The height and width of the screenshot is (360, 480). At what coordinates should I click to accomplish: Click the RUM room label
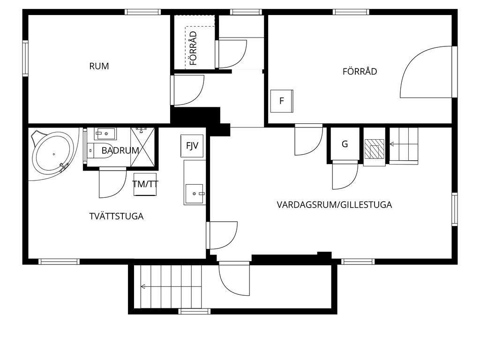click(x=99, y=66)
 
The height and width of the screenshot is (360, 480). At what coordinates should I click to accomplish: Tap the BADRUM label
click(x=120, y=150)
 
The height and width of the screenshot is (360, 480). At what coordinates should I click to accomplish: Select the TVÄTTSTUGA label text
click(x=116, y=216)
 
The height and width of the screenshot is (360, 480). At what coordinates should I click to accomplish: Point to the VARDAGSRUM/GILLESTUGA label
click(x=334, y=204)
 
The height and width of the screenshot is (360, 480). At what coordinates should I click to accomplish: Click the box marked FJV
click(x=192, y=146)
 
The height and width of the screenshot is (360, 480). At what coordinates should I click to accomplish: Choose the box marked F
click(x=282, y=101)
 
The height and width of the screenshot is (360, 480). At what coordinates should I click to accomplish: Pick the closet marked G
click(x=345, y=143)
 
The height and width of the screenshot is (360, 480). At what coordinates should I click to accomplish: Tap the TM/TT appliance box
click(x=145, y=184)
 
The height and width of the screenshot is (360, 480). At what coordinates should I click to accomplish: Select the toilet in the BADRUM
click(x=100, y=150)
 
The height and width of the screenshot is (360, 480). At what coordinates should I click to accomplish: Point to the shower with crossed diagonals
click(x=142, y=147)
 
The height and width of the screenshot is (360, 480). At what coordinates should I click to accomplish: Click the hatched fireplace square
click(x=375, y=149)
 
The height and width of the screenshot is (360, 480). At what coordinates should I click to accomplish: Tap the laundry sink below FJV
click(x=195, y=194)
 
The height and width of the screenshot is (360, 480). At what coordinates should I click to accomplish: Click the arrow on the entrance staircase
click(x=171, y=286)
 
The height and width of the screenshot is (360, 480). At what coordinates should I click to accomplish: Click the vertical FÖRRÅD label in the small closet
click(x=193, y=48)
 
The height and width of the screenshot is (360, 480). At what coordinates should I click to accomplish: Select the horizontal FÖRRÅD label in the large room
click(x=360, y=71)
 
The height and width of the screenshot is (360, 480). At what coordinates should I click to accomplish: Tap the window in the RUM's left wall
click(x=25, y=58)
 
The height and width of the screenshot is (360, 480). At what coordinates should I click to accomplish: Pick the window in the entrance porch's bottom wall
click(x=195, y=312)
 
